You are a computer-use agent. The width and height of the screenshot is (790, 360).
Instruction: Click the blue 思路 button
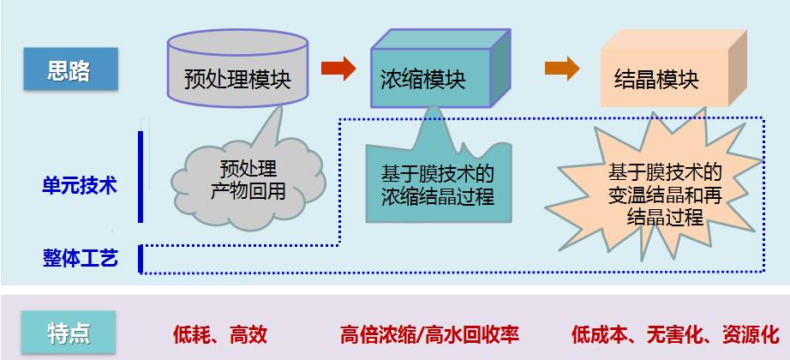tap(69, 71)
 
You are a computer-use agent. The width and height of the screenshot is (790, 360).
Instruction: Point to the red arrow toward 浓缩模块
tap(338, 69)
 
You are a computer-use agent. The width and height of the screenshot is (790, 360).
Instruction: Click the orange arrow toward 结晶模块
tap(562, 69)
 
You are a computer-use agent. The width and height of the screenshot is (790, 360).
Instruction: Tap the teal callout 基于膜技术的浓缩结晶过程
tap(437, 184)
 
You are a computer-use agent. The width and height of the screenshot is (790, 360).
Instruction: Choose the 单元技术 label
tap(80, 185)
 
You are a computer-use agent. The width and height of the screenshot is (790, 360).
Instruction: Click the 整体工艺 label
tap(80, 257)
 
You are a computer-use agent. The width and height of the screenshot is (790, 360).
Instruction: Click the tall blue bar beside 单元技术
tap(141, 177)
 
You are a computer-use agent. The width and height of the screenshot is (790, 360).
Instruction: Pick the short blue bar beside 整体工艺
tap(141, 258)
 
